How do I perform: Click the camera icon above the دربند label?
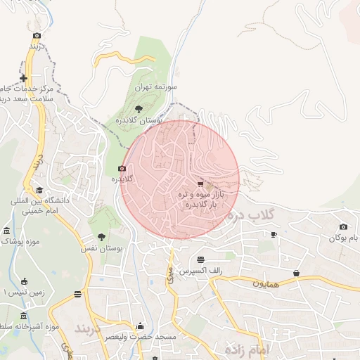(x=37, y=35)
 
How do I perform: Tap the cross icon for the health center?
(x=24, y=78)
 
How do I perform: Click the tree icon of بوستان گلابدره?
(x=139, y=108)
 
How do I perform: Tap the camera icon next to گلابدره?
(x=122, y=168)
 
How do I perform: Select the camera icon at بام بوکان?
(x=343, y=226)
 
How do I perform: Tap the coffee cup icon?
(x=274, y=234)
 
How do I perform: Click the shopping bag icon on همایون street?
(x=296, y=273)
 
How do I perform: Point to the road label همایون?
(x=266, y=283)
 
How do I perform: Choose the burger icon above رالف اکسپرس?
(x=201, y=259)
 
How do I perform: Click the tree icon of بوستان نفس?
(x=102, y=237)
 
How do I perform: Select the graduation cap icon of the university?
(x=39, y=190)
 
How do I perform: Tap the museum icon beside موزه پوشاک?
(x=7, y=231)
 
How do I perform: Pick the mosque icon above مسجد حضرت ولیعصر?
(x=140, y=326)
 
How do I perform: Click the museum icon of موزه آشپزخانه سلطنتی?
(x=25, y=316)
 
